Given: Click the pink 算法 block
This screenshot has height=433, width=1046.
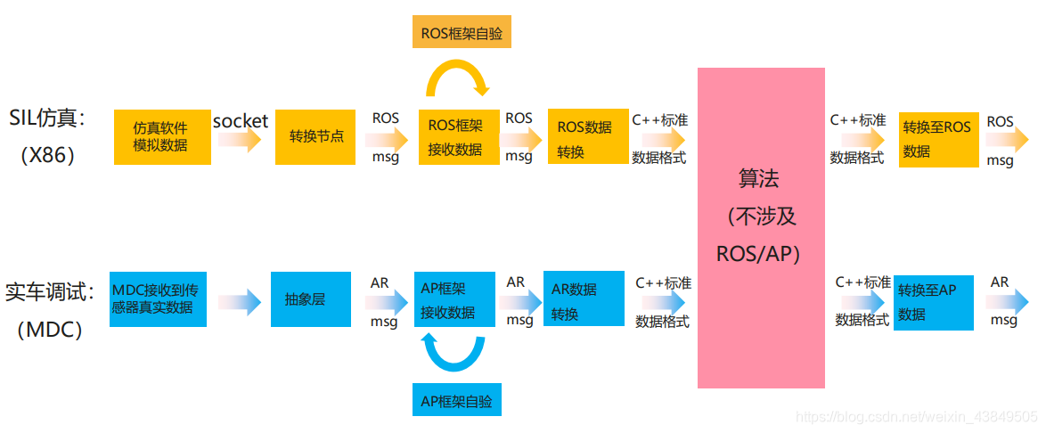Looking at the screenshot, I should (761, 227).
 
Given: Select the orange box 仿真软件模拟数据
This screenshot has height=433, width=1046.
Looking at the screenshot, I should (162, 137).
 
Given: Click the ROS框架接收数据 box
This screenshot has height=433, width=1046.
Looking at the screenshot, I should (455, 137).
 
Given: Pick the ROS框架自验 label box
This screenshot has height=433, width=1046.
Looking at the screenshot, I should (462, 33).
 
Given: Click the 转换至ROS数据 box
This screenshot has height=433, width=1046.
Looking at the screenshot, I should (938, 139).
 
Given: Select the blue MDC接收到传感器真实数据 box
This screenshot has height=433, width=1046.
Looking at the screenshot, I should (158, 299).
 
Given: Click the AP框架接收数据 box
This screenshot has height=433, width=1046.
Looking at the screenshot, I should (454, 300).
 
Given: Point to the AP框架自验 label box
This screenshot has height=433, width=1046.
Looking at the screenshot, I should (457, 400).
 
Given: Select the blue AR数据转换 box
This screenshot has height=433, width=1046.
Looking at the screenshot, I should (584, 300).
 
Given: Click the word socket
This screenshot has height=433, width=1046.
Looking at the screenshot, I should (241, 120).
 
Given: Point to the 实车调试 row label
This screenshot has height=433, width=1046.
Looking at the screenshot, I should (49, 292).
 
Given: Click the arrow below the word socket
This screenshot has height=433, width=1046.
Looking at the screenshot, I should (240, 140).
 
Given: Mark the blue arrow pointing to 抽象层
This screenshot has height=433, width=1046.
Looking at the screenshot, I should (239, 301).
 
